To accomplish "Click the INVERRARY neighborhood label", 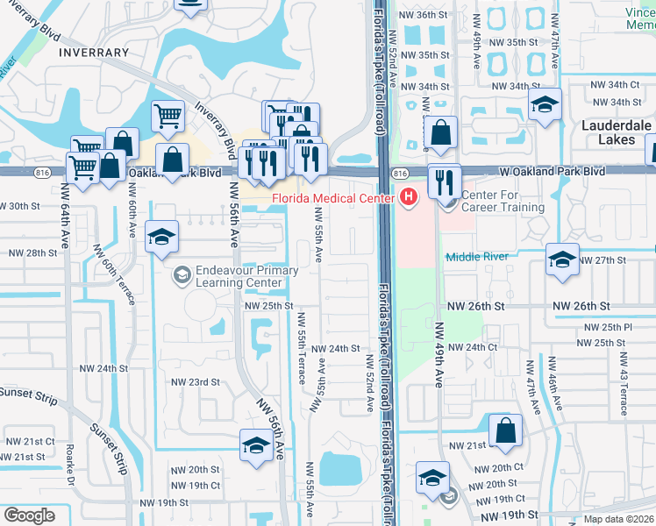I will [94, 53].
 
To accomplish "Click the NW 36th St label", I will [424, 16].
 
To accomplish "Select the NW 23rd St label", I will [194, 382].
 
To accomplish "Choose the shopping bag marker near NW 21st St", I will [505, 432].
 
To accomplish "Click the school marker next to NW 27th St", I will [562, 259].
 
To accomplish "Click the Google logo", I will [29, 515].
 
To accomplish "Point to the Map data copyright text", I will [618, 519].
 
